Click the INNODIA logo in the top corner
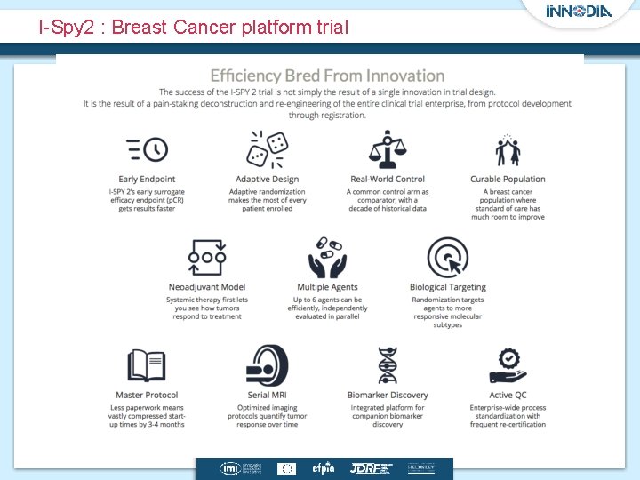point(579,12)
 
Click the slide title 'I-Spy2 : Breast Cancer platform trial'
point(194,28)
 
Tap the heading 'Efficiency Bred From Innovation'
point(327,76)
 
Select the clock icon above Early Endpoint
point(147,149)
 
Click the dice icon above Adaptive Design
point(267,149)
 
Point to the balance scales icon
point(388,149)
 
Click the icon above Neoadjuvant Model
point(207,258)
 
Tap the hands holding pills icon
point(327,258)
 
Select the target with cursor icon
point(447,258)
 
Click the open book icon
point(147,365)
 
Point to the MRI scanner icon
point(267,365)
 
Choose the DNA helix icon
point(388,365)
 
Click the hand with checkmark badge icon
point(508,365)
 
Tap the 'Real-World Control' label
point(388,180)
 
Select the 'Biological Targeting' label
point(447,287)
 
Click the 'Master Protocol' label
point(147,395)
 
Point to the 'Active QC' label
point(508,395)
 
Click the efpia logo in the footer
point(323,468)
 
